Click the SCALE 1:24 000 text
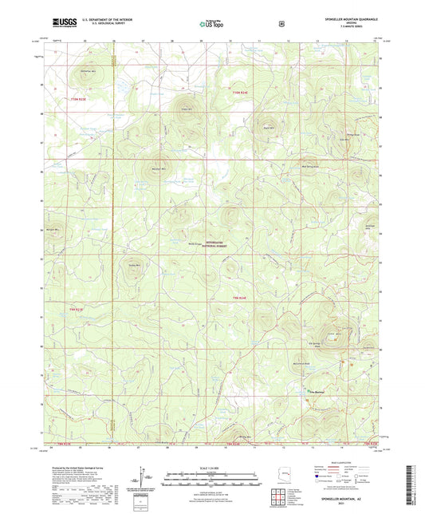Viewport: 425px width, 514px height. [x=212, y=469]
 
